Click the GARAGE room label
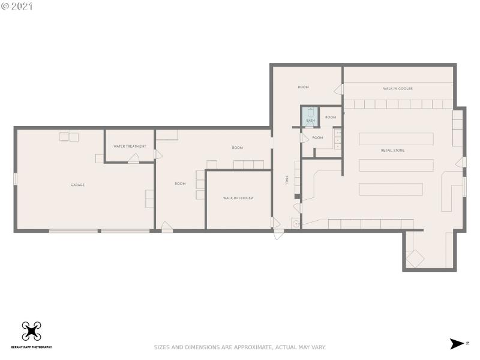point(77,185)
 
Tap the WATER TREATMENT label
point(130,146)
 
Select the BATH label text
point(310,121)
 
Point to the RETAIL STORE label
point(392,150)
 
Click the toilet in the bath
point(310,112)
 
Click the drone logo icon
point(31,331)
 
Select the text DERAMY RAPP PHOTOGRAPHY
point(31,347)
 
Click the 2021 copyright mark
point(17,7)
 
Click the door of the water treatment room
point(134,158)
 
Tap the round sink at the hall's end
point(295,223)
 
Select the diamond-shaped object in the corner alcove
point(415,258)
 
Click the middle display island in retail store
point(396,164)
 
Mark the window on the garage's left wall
point(16,178)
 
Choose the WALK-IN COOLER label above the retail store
point(398,89)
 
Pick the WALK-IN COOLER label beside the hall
point(238,198)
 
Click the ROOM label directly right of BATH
point(331,118)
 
